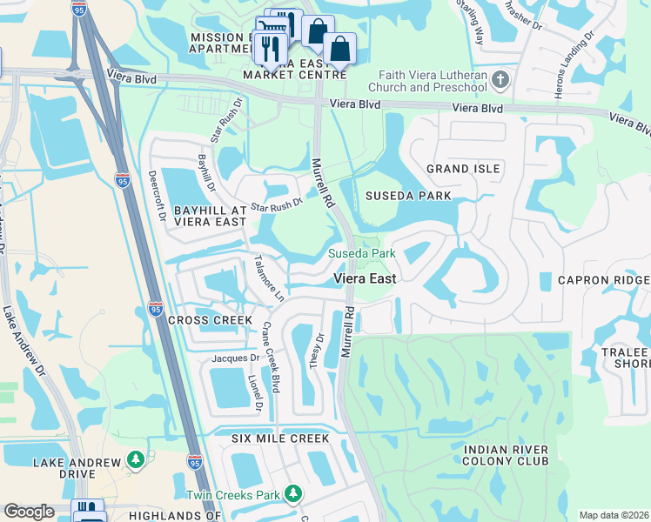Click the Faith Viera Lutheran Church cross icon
click(x=500, y=81)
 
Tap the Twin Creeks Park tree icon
click(x=293, y=495)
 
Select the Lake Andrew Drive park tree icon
click(x=135, y=459)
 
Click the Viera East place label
click(x=366, y=278)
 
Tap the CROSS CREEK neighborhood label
click(x=199, y=320)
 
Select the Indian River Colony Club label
click(x=506, y=456)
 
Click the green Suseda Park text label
click(x=361, y=254)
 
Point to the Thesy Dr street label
click(x=317, y=349)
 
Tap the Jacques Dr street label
click(x=235, y=358)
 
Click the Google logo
click(x=29, y=511)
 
